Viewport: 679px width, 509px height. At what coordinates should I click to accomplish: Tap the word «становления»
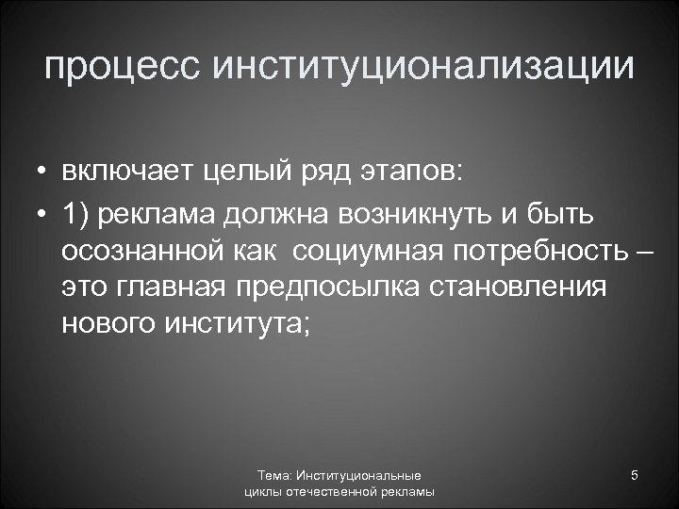[x=523, y=287]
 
